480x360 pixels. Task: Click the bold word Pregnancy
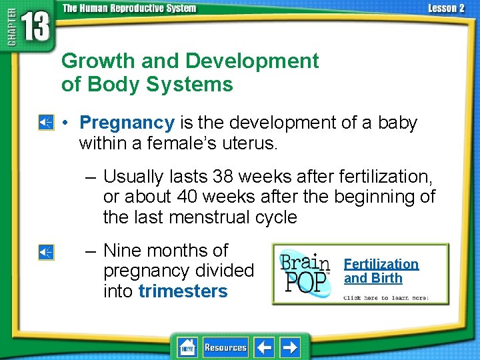coord(127,123)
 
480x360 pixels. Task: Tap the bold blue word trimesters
coord(183,291)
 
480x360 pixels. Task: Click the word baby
coord(397,123)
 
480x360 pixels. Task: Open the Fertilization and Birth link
coord(381,271)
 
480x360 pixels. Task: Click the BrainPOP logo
coord(305,273)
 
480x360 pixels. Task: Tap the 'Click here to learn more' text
coord(385,297)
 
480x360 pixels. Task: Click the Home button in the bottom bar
coord(187,347)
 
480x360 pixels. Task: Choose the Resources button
coord(225,347)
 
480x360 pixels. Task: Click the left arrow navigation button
coord(265,347)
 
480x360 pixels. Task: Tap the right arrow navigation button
coord(290,347)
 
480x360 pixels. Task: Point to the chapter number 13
coord(35,29)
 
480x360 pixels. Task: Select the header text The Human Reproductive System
coord(129,8)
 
